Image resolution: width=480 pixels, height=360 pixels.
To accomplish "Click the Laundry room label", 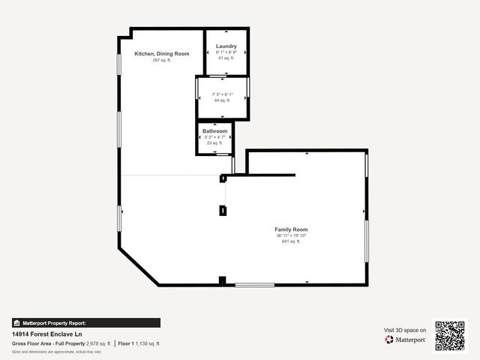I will point(226,46).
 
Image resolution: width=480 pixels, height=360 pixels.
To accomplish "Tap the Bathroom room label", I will point(214,131).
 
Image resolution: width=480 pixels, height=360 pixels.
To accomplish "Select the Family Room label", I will point(291,229).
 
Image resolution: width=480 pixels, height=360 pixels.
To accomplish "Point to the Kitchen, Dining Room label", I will point(162,54).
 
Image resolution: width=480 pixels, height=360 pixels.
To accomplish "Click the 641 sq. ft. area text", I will point(291,241).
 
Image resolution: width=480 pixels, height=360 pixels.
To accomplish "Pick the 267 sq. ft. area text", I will point(162,60).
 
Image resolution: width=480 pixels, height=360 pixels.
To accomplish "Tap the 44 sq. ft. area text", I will point(222,100).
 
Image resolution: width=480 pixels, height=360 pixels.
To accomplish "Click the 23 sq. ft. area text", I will point(214,143).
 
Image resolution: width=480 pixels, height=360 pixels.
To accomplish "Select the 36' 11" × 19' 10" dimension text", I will point(291,235).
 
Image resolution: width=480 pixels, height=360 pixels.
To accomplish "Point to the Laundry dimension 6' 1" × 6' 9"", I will point(226,52).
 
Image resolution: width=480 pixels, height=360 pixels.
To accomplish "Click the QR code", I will point(450,335).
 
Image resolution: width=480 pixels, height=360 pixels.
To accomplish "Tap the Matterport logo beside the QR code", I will point(406,340).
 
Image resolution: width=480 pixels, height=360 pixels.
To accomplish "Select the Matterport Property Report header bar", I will point(85,322).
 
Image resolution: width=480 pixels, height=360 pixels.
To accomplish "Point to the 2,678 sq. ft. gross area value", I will point(98,343).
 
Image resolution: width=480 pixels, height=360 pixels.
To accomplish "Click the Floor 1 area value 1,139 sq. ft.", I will point(148,343).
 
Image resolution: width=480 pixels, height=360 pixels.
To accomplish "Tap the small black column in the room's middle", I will point(222,211).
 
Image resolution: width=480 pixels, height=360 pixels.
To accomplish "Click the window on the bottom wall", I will point(255,284).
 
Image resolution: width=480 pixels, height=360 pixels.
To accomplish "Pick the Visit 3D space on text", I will point(405,330).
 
